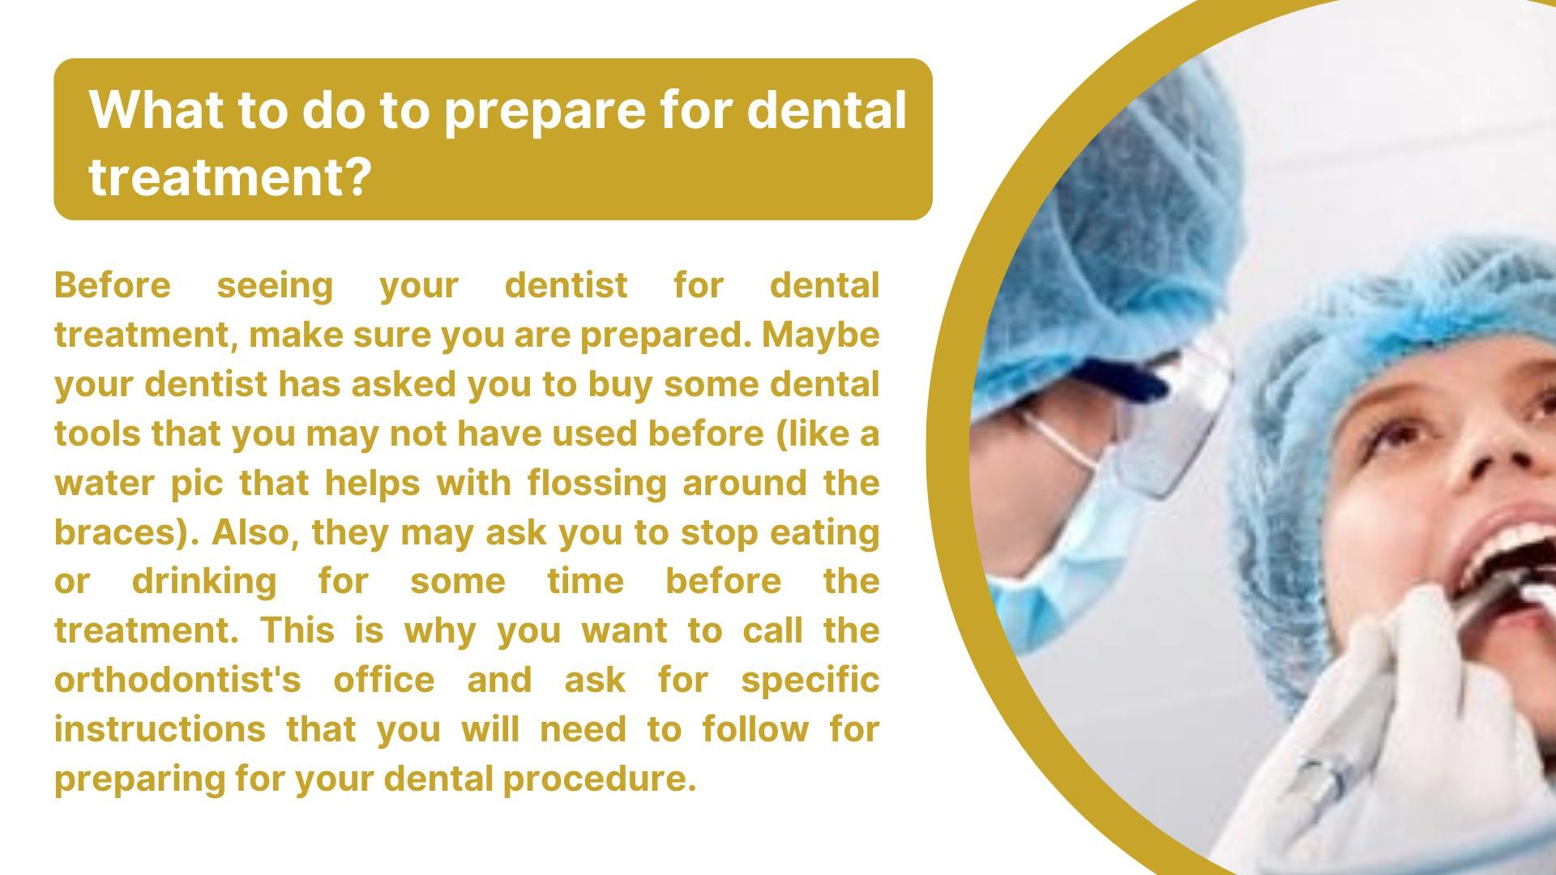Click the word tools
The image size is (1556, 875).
coord(98,433)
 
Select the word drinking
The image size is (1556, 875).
coord(203,583)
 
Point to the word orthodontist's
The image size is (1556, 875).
coord(177,681)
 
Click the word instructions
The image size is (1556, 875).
coord(160,729)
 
